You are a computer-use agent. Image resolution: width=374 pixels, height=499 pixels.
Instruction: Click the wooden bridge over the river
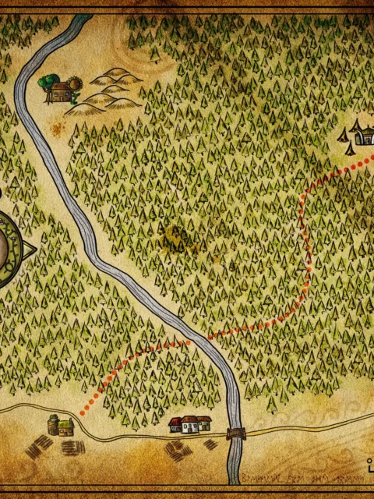(x=235, y=434)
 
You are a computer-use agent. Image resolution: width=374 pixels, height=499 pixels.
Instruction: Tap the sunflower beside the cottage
(x=75, y=83)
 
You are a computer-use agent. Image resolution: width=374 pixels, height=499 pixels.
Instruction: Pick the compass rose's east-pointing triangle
(x=30, y=249)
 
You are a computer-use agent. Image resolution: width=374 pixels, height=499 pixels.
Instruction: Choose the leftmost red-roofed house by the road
(x=176, y=425)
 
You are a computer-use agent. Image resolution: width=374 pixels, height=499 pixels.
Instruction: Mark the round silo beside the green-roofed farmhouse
(x=53, y=425)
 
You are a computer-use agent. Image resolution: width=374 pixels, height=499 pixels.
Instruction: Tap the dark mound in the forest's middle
(x=176, y=236)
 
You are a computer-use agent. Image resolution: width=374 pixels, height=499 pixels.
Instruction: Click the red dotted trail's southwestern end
(x=83, y=412)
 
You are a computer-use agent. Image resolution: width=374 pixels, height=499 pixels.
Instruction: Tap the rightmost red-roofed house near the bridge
(x=203, y=423)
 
